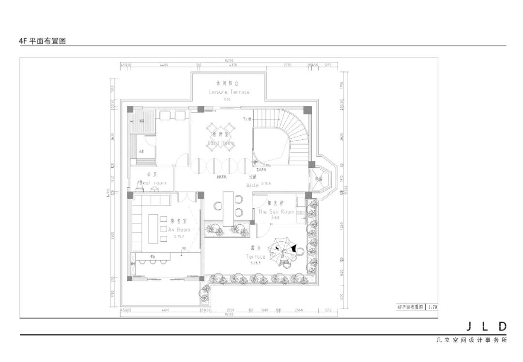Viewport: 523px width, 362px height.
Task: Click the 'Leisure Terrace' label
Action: click(x=229, y=91)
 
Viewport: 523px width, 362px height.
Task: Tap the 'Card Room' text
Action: click(x=221, y=144)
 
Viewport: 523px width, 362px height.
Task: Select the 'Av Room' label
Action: click(x=179, y=230)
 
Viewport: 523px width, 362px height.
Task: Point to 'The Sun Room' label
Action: click(x=276, y=212)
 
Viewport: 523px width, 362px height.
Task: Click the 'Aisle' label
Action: click(x=252, y=185)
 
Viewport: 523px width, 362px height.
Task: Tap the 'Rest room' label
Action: click(x=152, y=183)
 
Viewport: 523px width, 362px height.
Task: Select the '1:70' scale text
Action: click(x=432, y=307)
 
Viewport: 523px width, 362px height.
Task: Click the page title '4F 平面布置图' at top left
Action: click(x=42, y=42)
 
